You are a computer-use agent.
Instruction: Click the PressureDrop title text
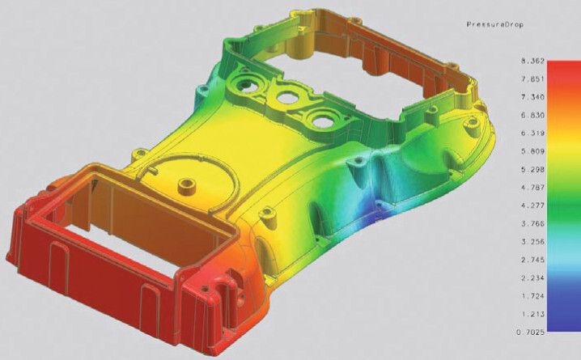tap(496, 25)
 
